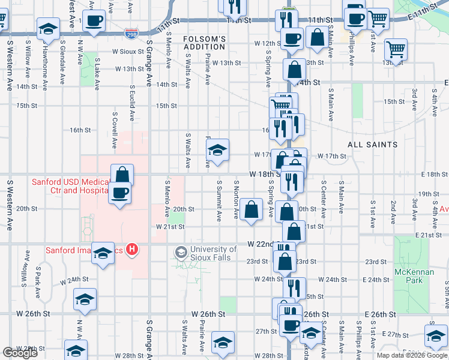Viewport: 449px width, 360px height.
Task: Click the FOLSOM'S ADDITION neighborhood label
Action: [205, 43]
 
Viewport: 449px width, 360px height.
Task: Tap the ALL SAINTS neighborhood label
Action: [372, 145]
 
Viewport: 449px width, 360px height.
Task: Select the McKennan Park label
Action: [410, 276]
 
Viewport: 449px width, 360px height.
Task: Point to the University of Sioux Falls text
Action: [213, 254]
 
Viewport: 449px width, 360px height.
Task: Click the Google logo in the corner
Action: [20, 353]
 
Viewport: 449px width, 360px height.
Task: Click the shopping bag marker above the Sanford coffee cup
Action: [122, 175]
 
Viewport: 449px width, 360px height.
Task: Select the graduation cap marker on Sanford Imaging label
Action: [104, 255]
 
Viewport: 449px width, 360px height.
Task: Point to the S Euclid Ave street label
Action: [131, 103]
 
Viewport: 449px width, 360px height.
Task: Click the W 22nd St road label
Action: [262, 245]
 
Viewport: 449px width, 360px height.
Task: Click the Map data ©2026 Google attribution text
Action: [411, 355]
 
